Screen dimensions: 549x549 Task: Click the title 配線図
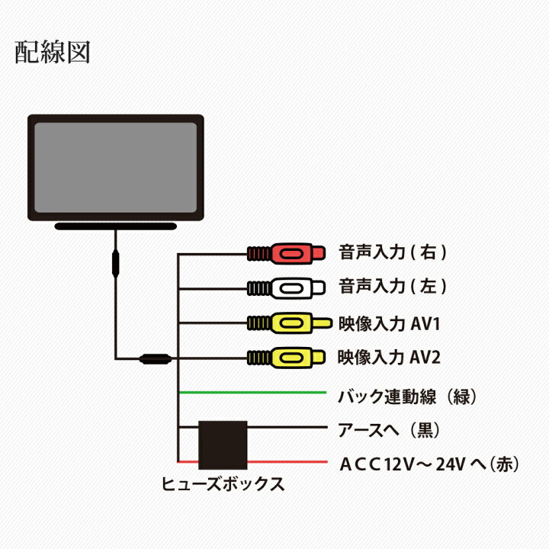pos(53,52)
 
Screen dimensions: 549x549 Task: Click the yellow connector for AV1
pos(290,323)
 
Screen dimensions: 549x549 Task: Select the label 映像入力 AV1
pos(389,323)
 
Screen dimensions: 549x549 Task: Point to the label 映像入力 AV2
pos(389,357)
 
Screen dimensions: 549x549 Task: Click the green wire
pos(252,392)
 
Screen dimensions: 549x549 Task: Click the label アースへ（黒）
pos(386,430)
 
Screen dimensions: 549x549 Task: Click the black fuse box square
pos(222,444)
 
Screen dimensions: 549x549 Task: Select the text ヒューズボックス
pos(222,483)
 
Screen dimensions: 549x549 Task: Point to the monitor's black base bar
pos(115,226)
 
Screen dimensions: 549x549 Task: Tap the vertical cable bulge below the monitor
pos(115,263)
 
